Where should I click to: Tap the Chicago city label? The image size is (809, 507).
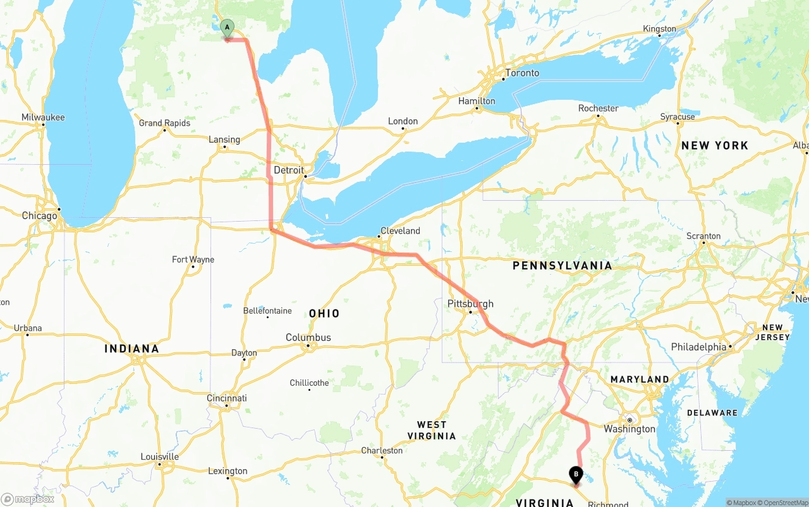pyautogui.click(x=39, y=216)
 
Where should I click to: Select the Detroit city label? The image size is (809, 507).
pyautogui.click(x=288, y=170)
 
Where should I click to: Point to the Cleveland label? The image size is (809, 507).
pyautogui.click(x=400, y=231)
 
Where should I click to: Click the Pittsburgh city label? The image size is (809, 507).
pyautogui.click(x=470, y=304)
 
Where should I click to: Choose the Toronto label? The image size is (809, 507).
pyautogui.click(x=522, y=73)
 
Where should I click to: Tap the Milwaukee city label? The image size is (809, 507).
pyautogui.click(x=43, y=117)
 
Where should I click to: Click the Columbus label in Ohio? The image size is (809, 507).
pyautogui.click(x=308, y=338)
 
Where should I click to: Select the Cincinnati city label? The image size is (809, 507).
pyautogui.click(x=227, y=398)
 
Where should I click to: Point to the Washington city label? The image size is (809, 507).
pyautogui.click(x=630, y=429)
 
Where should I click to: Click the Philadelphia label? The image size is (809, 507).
pyautogui.click(x=698, y=347)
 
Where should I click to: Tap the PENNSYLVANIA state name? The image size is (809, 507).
pyautogui.click(x=562, y=266)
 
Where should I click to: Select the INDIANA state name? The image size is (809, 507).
pyautogui.click(x=131, y=349)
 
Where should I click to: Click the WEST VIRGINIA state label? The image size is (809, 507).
pyautogui.click(x=432, y=430)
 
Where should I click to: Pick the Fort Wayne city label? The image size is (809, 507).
pyautogui.click(x=193, y=259)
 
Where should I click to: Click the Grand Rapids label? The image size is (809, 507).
pyautogui.click(x=164, y=123)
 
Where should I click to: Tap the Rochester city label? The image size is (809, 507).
pyautogui.click(x=598, y=109)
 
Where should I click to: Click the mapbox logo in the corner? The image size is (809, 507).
pyautogui.click(x=28, y=499)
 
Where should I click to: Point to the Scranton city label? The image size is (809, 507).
pyautogui.click(x=703, y=236)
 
